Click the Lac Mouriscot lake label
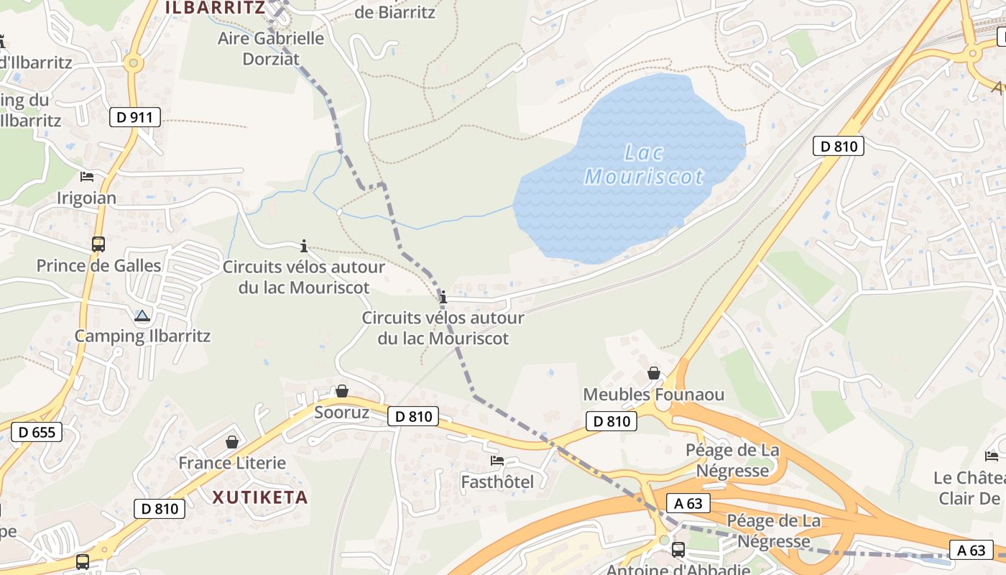click(644, 165)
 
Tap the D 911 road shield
click(134, 117)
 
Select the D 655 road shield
click(37, 432)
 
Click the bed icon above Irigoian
click(87, 177)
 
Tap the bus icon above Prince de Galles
click(98, 244)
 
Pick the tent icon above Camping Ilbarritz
click(142, 316)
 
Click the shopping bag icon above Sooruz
click(342, 391)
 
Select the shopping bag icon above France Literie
click(232, 441)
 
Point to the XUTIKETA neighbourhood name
click(260, 497)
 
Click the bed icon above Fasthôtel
click(497, 460)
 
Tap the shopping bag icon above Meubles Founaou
click(654, 373)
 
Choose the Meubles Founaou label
click(654, 395)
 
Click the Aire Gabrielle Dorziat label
click(271, 48)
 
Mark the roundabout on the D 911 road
click(132, 63)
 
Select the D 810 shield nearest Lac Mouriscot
click(838, 146)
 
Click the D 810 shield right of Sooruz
click(413, 415)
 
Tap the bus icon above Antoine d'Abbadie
click(678, 550)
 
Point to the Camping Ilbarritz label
click(142, 336)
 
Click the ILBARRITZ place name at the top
click(215, 8)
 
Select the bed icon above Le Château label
click(992, 456)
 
